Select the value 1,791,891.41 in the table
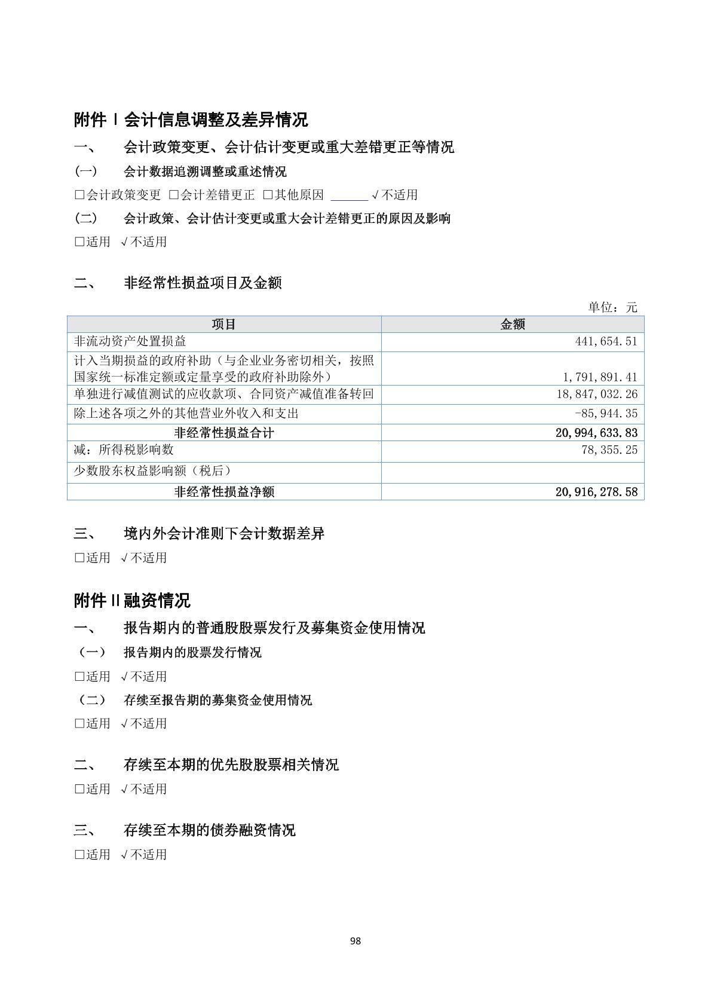click(x=600, y=377)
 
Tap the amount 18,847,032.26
click(x=597, y=395)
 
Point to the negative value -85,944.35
click(x=606, y=414)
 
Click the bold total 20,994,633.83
click(x=596, y=433)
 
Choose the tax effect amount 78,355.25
click(x=609, y=450)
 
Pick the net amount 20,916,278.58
click(x=596, y=492)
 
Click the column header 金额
click(x=513, y=325)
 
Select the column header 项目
click(x=224, y=325)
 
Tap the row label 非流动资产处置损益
click(x=130, y=341)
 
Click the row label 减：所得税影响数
click(x=124, y=450)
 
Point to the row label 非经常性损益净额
click(x=224, y=492)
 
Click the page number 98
click(x=355, y=941)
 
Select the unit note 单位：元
click(x=612, y=307)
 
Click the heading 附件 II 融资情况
click(x=132, y=600)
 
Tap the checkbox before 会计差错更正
click(x=174, y=195)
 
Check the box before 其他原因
click(x=268, y=195)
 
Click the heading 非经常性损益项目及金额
click(x=203, y=283)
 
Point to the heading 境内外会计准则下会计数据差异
click(x=224, y=533)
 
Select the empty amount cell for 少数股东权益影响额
click(x=513, y=472)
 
